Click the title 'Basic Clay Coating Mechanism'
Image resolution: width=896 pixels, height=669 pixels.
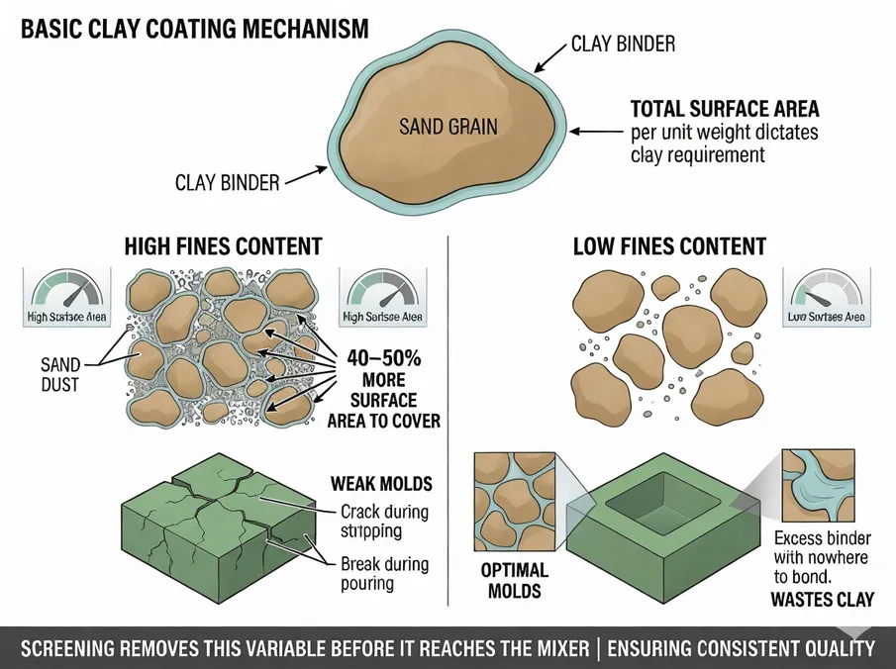[x=194, y=29]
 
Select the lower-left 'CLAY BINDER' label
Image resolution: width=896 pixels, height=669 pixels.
[x=227, y=182]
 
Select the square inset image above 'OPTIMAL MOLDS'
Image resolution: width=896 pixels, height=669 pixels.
[x=516, y=503]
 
